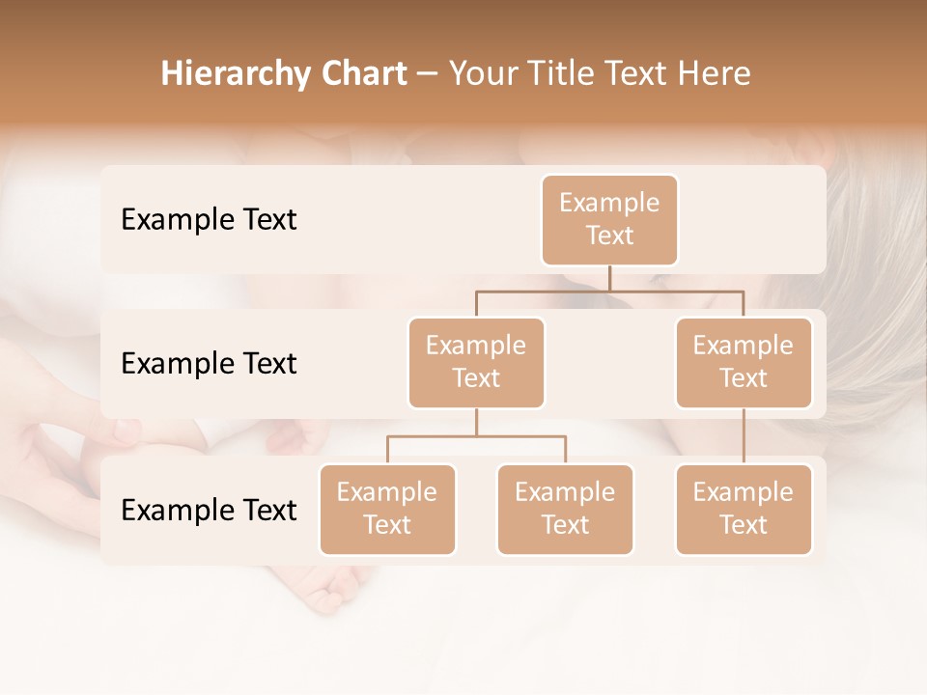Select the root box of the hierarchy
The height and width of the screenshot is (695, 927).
pyautogui.click(x=609, y=220)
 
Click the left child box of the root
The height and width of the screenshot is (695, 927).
pyautogui.click(x=476, y=363)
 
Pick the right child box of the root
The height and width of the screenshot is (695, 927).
pyautogui.click(x=744, y=363)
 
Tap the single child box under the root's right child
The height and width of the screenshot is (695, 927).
pyautogui.click(x=744, y=510)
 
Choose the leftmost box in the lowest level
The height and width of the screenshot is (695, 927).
pyautogui.click(x=387, y=510)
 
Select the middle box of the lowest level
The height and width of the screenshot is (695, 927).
pyautogui.click(x=565, y=510)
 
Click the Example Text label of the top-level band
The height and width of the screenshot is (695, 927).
pyautogui.click(x=209, y=220)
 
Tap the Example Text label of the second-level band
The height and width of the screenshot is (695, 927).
pyautogui.click(x=209, y=364)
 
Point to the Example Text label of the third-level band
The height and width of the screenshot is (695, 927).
pyautogui.click(x=209, y=510)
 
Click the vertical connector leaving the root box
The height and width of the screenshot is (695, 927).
pyautogui.click(x=609, y=278)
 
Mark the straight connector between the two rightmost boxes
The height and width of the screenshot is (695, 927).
pyautogui.click(x=744, y=436)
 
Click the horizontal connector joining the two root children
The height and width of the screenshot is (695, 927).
pyautogui.click(x=609, y=291)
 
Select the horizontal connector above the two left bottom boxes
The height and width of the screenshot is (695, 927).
pyautogui.click(x=476, y=436)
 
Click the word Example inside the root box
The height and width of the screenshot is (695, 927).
pyautogui.click(x=609, y=203)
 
